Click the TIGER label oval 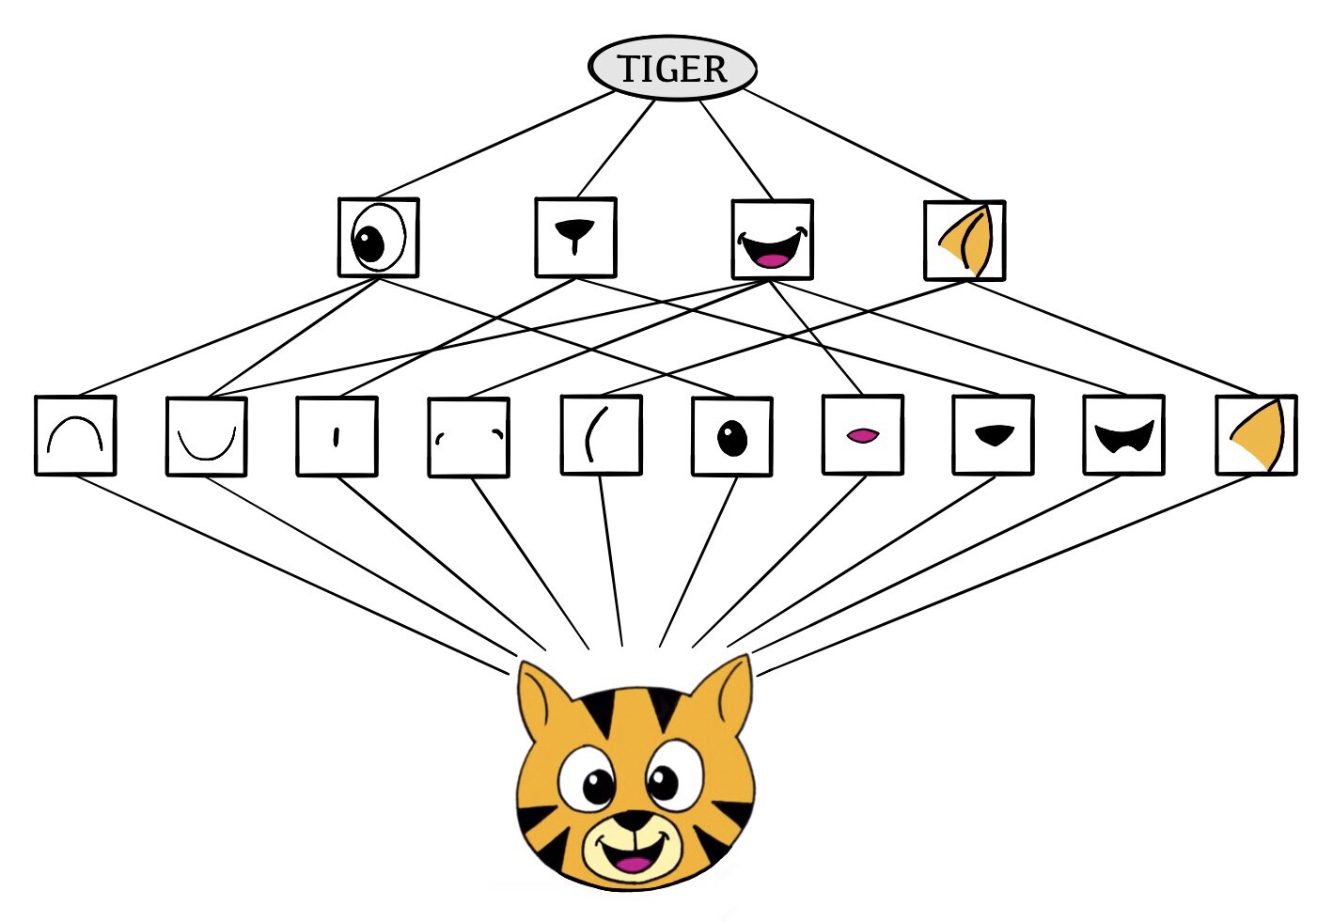[672, 68]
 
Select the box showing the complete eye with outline [378, 237]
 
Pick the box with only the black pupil [731, 436]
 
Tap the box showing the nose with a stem [575, 237]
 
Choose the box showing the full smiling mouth [772, 240]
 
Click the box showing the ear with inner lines [964, 241]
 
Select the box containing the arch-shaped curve [75, 435]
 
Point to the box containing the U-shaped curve [207, 437]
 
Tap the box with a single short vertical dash [337, 436]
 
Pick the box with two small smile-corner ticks [468, 437]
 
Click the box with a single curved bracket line [601, 435]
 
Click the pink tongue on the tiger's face [633, 864]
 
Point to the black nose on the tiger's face [633, 820]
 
